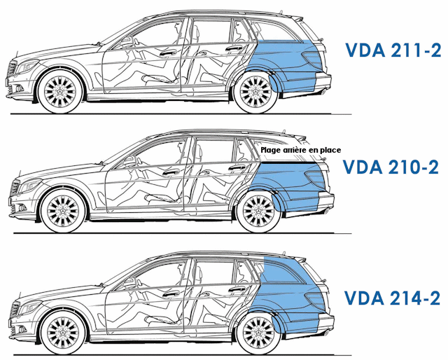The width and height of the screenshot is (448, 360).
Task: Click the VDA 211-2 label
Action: coord(392,50)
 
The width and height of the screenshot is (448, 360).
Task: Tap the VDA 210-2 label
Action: coord(392,167)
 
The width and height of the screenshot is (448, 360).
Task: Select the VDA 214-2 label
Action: coord(392,298)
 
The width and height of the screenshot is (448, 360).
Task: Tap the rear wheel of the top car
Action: coord(255,91)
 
